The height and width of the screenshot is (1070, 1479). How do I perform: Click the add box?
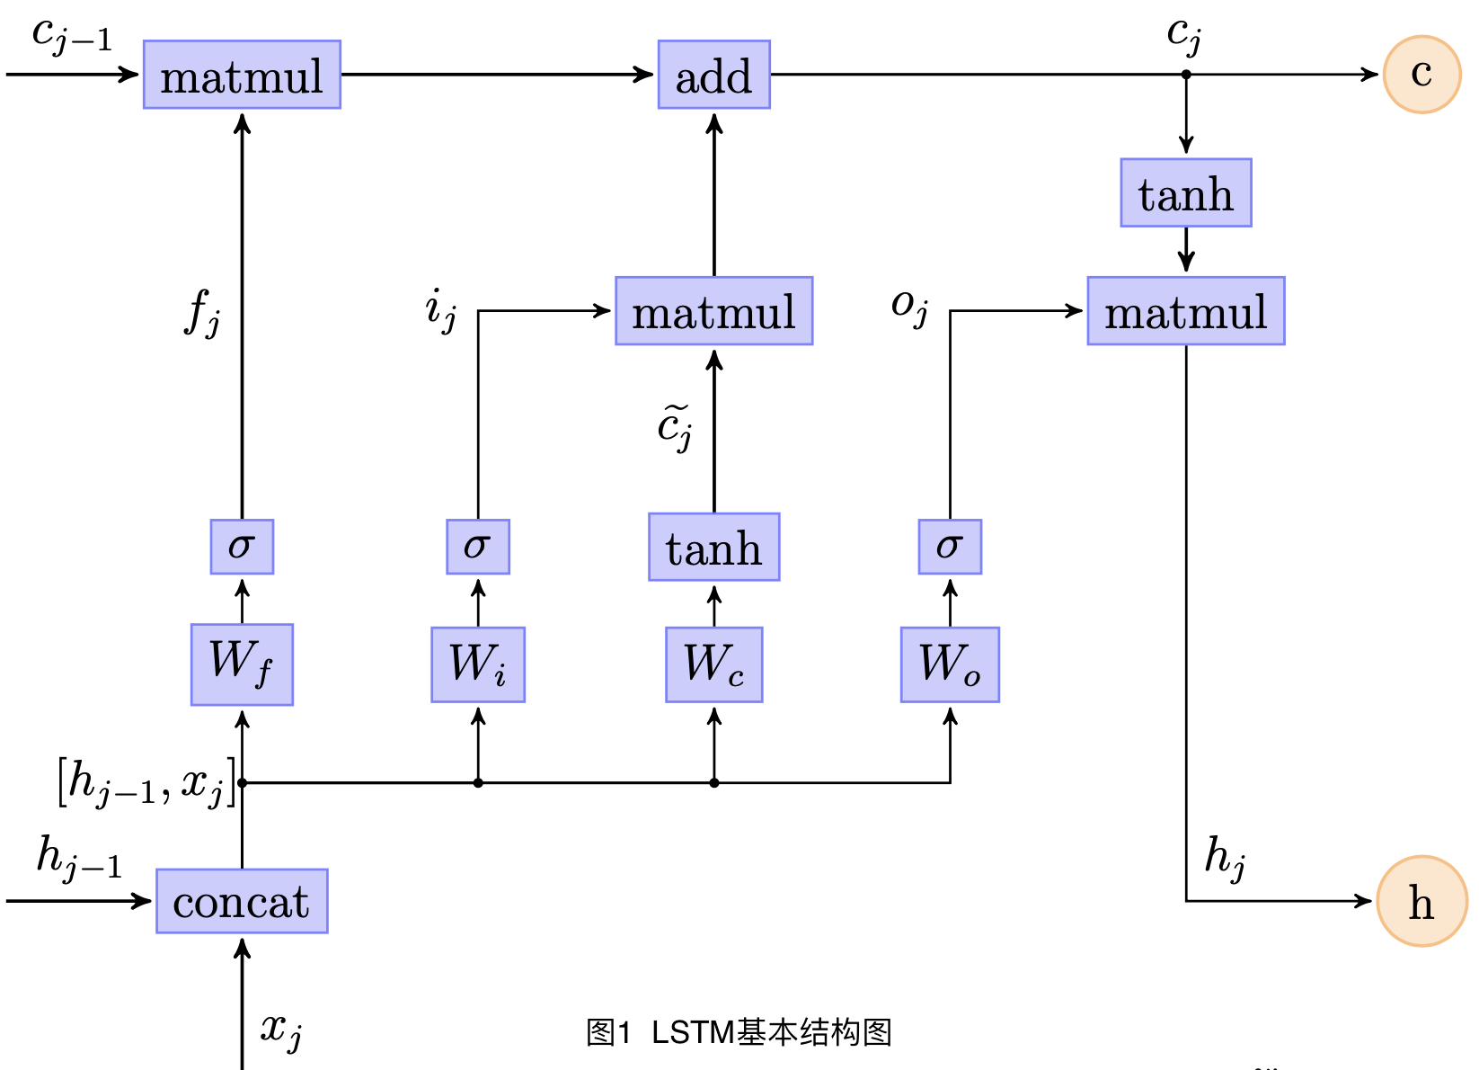(x=713, y=75)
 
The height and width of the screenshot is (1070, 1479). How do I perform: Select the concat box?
(x=242, y=901)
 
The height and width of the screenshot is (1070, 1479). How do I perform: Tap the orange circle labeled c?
(x=1421, y=75)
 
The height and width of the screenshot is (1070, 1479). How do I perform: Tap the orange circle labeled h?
(x=1421, y=901)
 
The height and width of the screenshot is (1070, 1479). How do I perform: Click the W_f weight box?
(x=242, y=664)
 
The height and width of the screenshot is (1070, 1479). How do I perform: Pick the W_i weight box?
(x=478, y=664)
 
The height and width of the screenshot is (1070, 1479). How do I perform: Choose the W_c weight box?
(x=713, y=664)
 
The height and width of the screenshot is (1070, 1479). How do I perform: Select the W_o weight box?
(x=950, y=664)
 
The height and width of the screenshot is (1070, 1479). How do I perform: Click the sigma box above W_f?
(x=242, y=547)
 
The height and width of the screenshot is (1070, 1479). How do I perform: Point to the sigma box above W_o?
(x=950, y=547)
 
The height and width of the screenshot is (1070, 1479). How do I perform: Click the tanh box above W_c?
(x=713, y=547)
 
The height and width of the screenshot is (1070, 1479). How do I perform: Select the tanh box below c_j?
(x=1185, y=193)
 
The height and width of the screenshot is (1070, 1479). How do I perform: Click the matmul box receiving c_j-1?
(x=242, y=75)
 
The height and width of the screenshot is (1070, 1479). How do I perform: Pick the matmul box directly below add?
(x=713, y=311)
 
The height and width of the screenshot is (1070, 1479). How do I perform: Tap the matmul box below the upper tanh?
(x=1185, y=311)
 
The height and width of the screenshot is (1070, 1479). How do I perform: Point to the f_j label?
(x=202, y=311)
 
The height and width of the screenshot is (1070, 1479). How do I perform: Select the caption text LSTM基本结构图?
(x=771, y=1032)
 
